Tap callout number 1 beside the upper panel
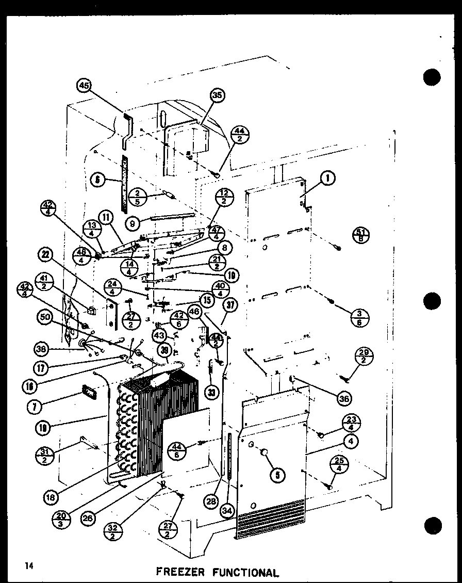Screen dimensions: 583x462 [327, 179]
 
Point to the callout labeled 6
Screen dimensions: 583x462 [96, 180]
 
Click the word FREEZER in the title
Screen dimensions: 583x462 [180, 572]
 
